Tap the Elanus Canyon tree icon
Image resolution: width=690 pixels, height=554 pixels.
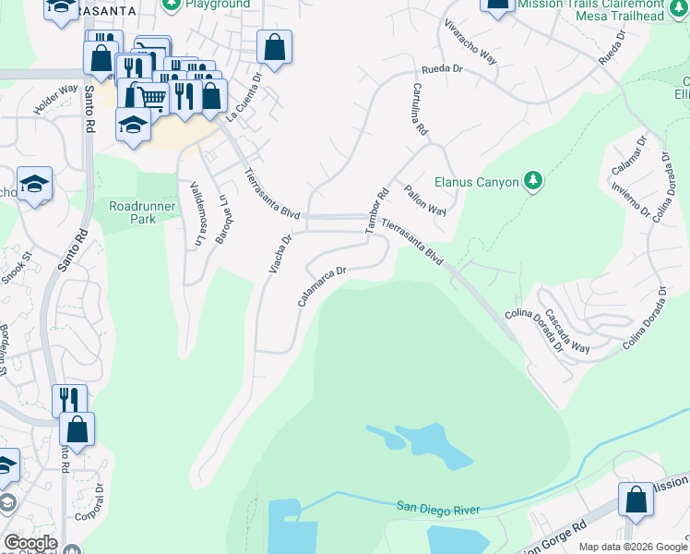532,181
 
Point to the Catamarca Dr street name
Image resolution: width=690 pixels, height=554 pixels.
322,286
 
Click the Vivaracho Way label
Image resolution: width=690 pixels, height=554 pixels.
470,42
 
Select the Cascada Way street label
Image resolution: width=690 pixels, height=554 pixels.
565,330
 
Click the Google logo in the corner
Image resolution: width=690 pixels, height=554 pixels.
30,543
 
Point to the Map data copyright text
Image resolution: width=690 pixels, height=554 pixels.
633,547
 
